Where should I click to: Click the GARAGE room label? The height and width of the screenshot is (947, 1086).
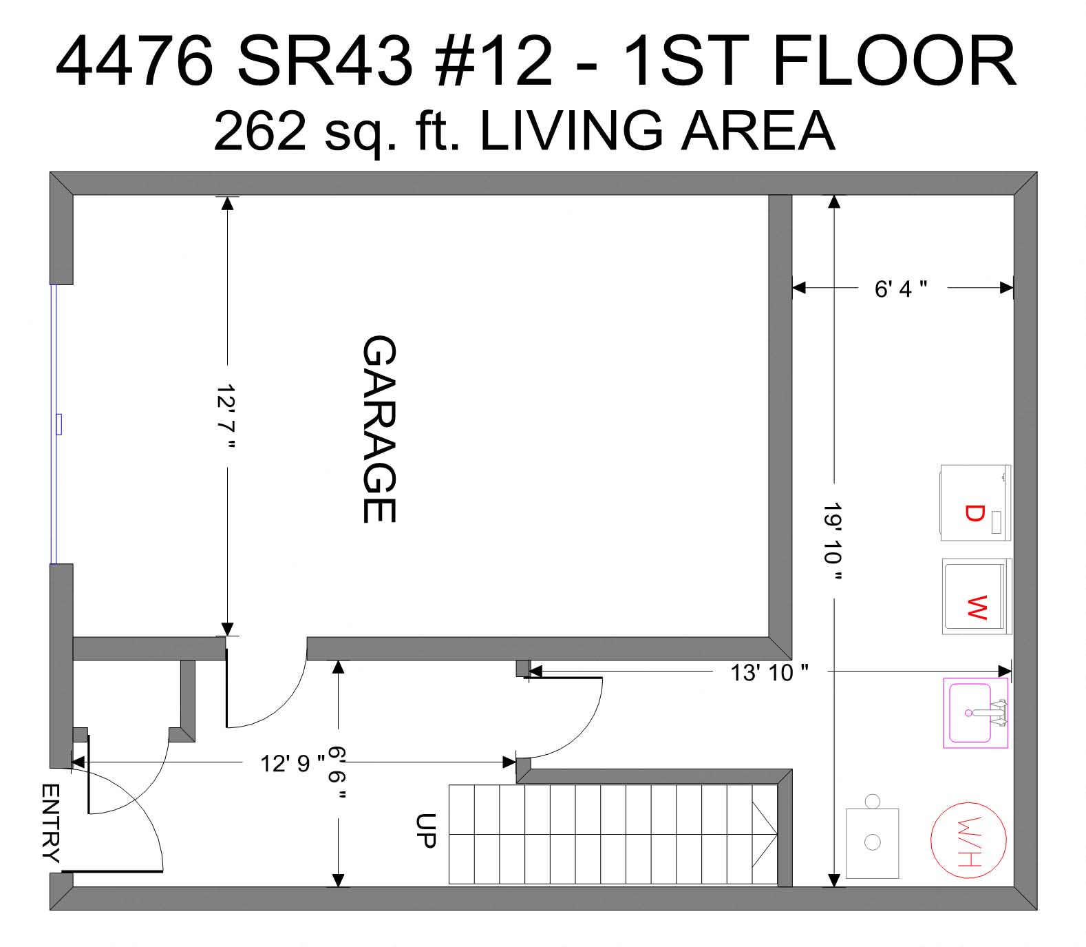379,428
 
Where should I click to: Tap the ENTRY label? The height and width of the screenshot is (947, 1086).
51,822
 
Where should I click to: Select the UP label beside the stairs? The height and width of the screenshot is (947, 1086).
426,830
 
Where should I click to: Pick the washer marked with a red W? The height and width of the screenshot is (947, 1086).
977,596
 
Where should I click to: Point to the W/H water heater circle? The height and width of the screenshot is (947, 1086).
968,840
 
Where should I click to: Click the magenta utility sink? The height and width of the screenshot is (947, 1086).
975,713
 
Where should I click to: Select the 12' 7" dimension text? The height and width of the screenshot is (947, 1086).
226,417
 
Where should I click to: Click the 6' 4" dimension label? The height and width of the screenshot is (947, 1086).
900,289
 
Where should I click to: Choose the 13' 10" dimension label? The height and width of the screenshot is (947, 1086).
769,672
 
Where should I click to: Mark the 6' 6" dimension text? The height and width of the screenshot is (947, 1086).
337,773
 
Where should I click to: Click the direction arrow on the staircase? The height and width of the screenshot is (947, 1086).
765,835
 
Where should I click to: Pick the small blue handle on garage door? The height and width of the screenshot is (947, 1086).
59,424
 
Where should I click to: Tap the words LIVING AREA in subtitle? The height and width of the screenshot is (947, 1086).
657,131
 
